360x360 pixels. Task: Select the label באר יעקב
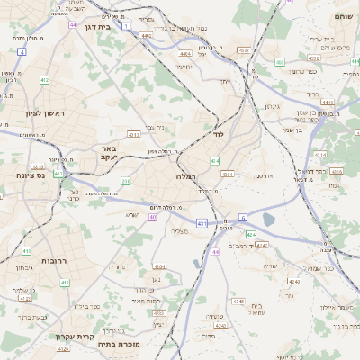(109, 153)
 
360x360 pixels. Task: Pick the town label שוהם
(345, 17)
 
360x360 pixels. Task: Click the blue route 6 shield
(243, 218)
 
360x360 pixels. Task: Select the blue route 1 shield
(127, 28)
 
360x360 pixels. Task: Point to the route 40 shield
(154, 217)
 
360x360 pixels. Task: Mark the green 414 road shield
(215, 160)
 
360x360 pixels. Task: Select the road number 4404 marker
(173, 54)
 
